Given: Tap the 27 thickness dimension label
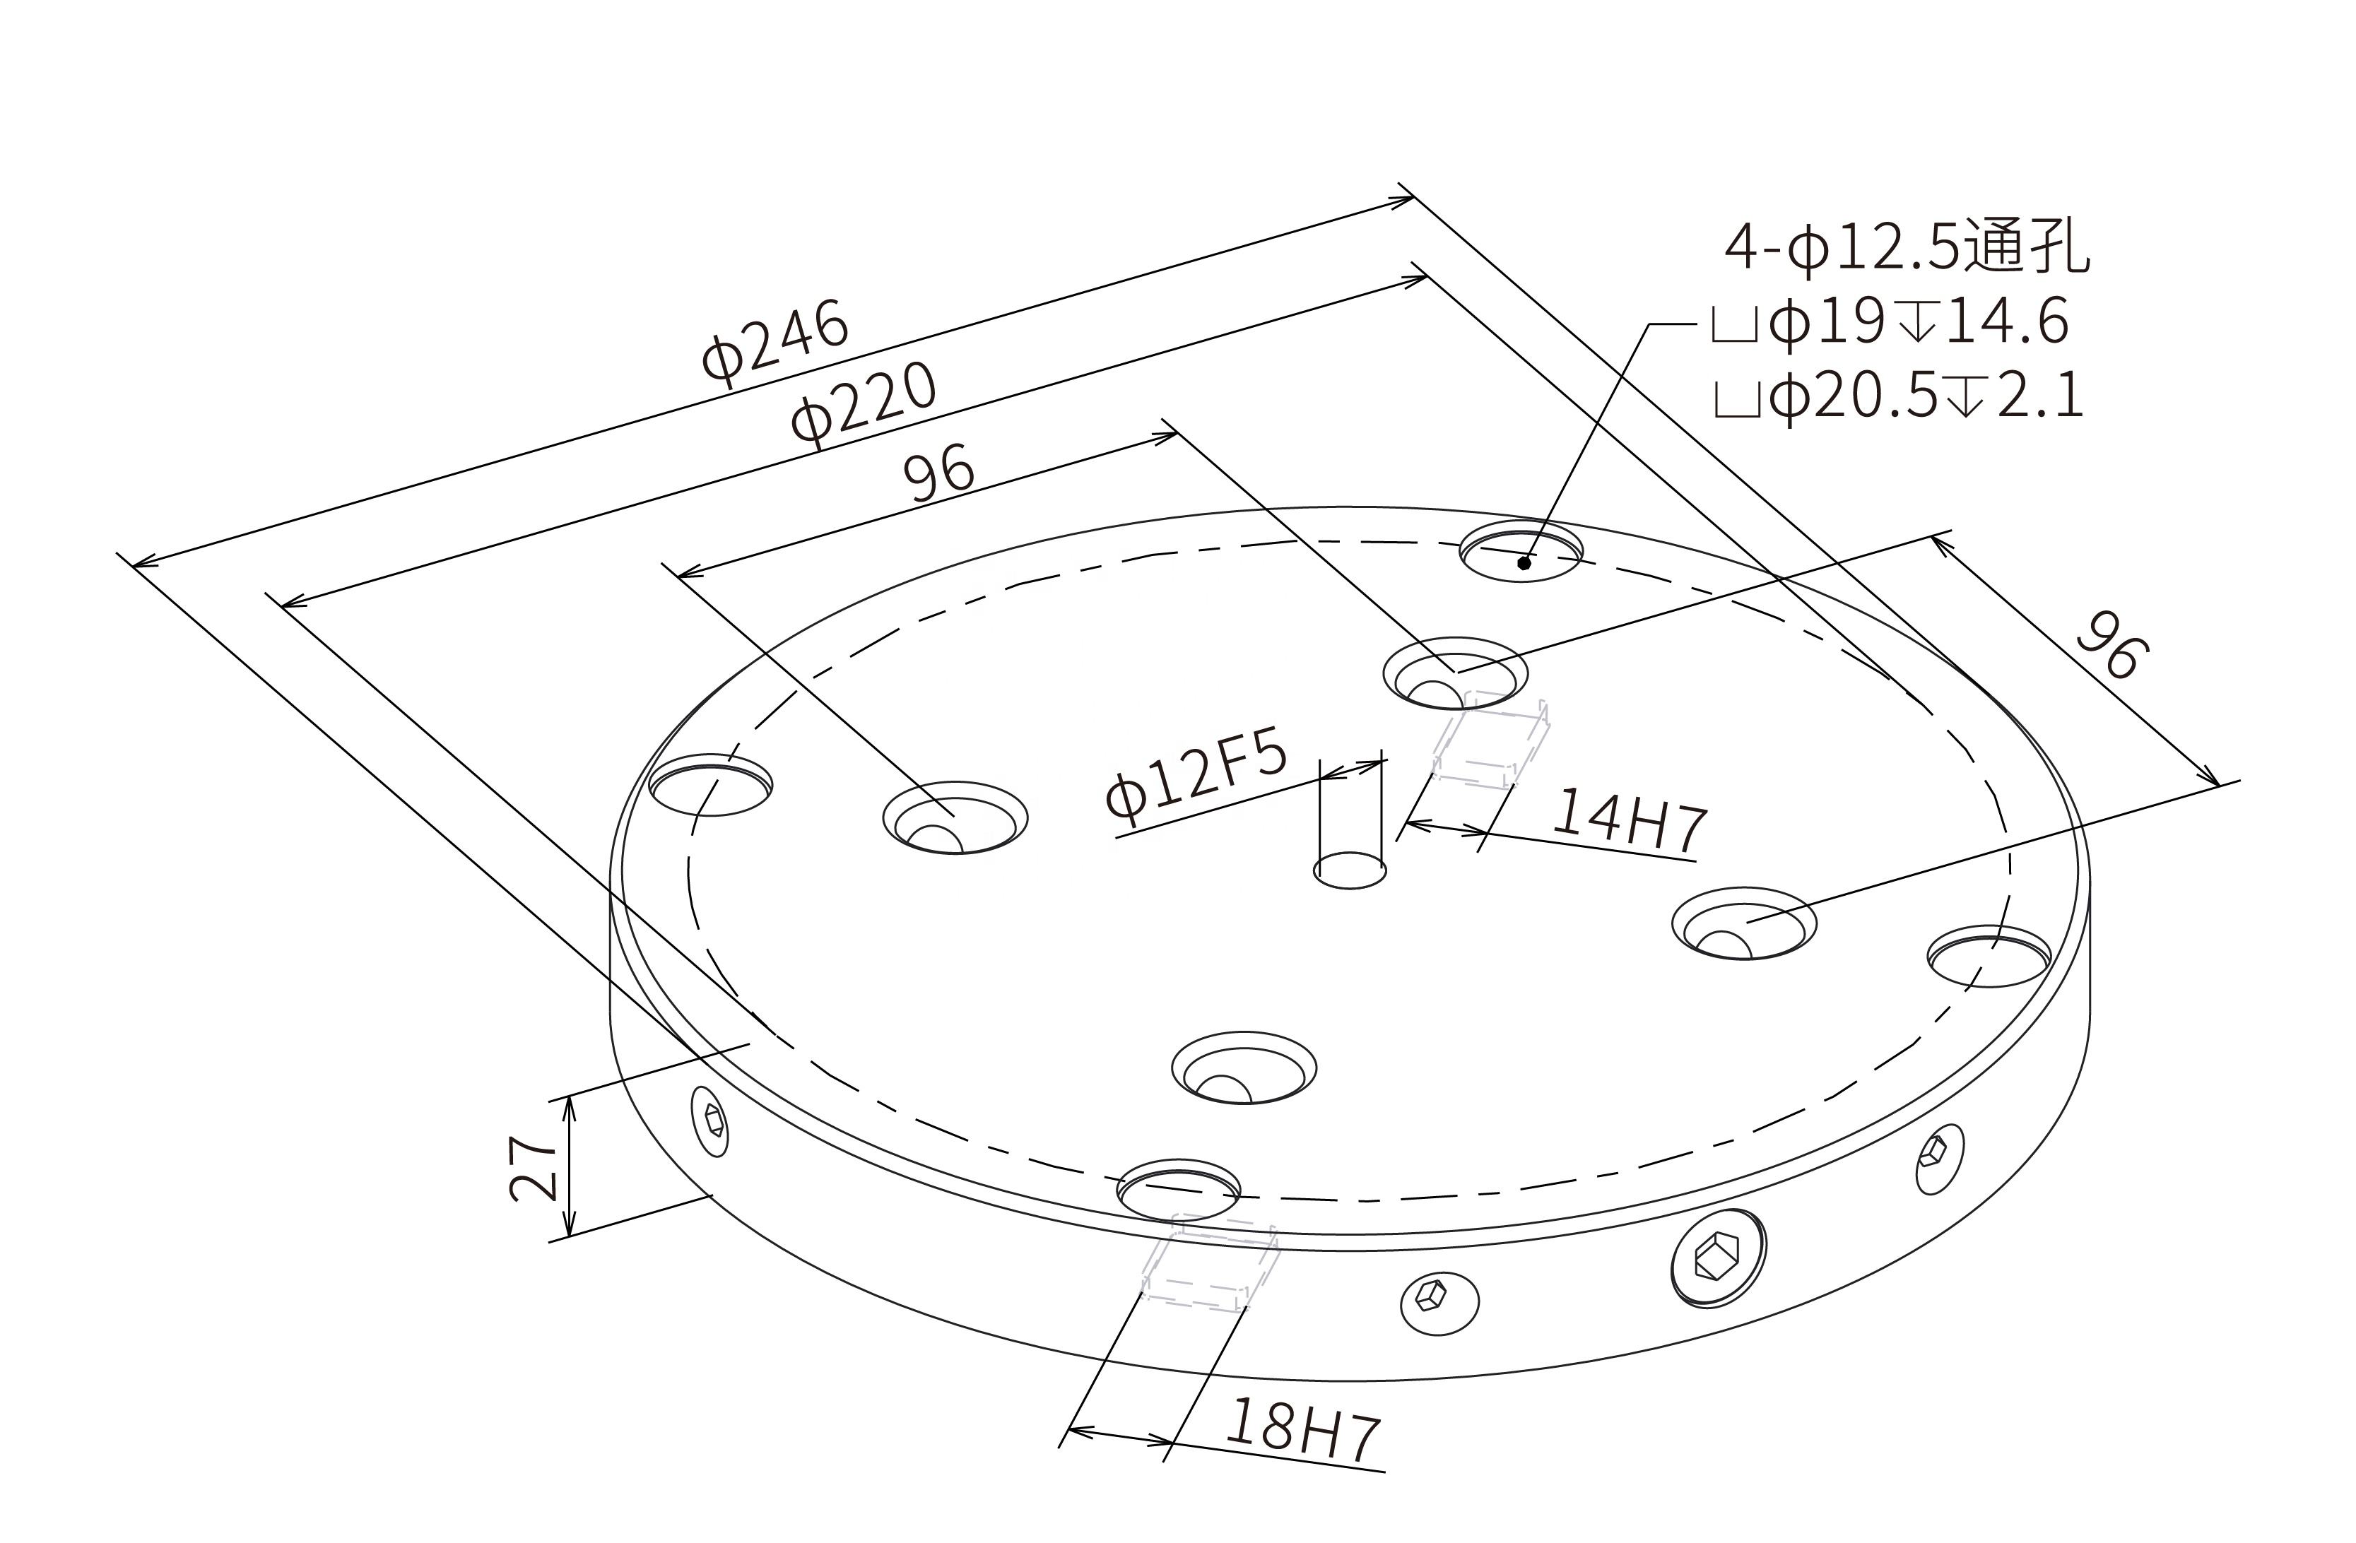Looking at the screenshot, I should [534, 1169].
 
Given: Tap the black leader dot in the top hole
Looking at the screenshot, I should [1524, 563].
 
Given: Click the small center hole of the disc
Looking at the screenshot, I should [1349, 871].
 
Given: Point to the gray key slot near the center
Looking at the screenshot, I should [1490, 743].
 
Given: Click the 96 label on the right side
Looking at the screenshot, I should [2111, 644].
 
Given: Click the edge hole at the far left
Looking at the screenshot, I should [709, 787].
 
